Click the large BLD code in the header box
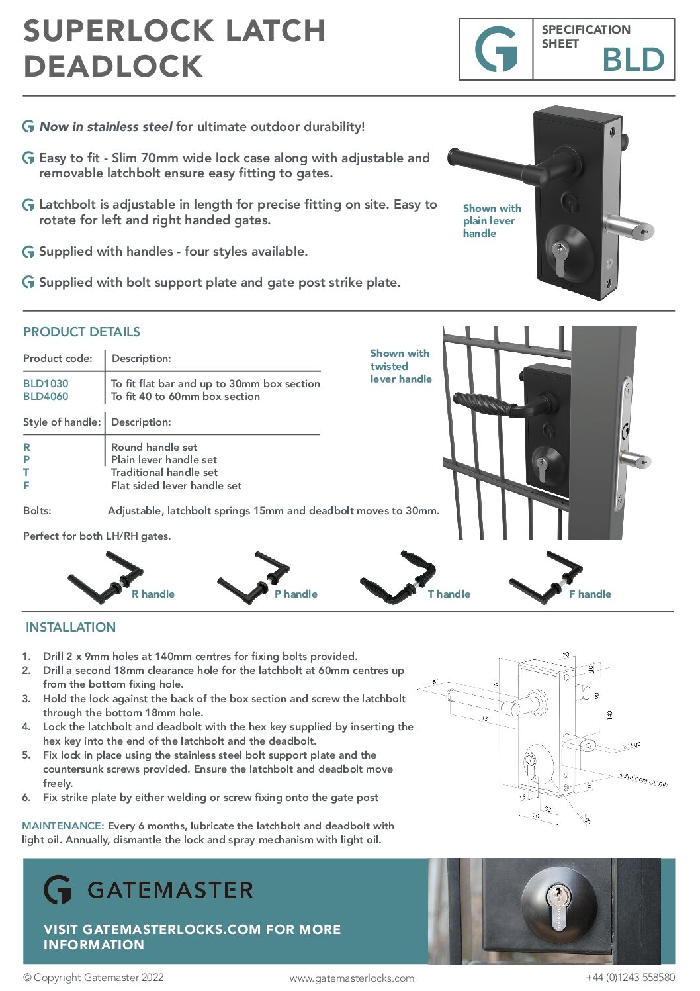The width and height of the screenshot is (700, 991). point(633,60)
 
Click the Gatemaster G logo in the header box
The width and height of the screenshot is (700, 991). point(496,50)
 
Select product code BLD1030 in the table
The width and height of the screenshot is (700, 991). point(46,383)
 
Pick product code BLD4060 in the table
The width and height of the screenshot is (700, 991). point(46,396)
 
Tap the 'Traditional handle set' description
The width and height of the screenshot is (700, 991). point(164,472)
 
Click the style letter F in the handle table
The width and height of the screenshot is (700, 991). point(26,485)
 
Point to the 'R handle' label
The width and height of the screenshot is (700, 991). point(153,594)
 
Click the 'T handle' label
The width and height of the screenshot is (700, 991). point(449,594)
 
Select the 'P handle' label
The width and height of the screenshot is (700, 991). point(296,594)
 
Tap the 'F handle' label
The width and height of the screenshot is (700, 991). point(590,594)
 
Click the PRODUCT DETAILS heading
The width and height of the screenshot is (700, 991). point(81,332)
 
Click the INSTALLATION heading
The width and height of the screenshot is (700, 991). point(71,627)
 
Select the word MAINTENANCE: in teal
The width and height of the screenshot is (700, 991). point(63,826)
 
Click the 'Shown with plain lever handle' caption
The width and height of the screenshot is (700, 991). point(491,220)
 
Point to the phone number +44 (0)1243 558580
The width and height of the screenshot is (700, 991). point(630,977)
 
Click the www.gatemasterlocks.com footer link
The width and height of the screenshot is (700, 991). point(352,978)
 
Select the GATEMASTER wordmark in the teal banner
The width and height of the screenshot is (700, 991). point(170,890)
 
